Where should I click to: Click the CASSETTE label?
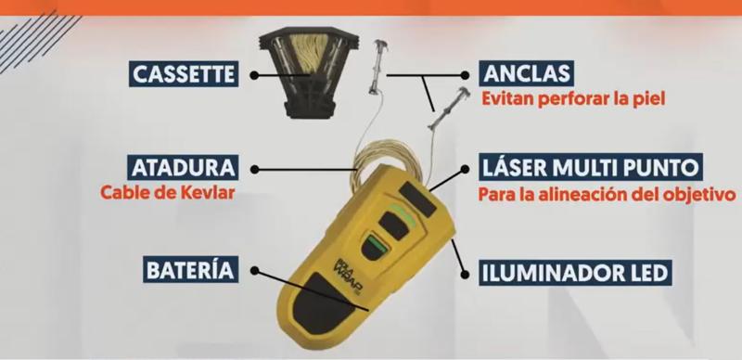click(x=184, y=74)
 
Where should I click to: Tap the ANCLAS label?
click(x=527, y=73)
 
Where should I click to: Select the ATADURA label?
click(x=183, y=168)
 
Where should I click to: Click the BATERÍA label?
click(x=190, y=270)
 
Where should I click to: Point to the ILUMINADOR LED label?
click(x=575, y=273)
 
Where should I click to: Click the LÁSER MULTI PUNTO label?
click(x=590, y=167)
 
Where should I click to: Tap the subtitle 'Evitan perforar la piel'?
click(x=573, y=98)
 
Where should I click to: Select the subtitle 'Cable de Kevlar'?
click(x=168, y=192)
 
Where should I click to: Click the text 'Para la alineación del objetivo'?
click(x=607, y=194)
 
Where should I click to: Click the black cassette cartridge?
click(x=309, y=72)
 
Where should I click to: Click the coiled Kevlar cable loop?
click(x=384, y=159)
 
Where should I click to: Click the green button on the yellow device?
click(x=376, y=244)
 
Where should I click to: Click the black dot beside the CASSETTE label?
click(x=254, y=75)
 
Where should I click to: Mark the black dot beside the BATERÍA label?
click(x=254, y=270)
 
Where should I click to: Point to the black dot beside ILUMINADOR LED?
click(x=465, y=274)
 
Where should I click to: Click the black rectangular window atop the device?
click(x=417, y=199)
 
